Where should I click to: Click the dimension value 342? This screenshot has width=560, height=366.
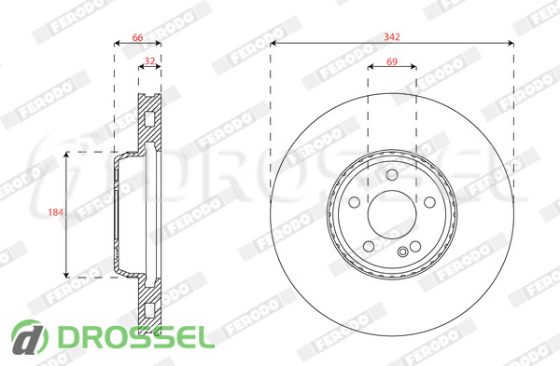point(392,36)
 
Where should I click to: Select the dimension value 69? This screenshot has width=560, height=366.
point(392,61)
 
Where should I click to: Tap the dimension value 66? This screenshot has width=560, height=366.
point(137,37)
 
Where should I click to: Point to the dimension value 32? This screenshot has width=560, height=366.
point(149,61)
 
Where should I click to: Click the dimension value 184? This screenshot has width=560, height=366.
point(56,212)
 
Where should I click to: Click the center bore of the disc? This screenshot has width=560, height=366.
point(392,214)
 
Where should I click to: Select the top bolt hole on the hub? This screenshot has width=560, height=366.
point(392,175)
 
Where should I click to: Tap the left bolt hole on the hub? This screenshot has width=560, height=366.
point(354,202)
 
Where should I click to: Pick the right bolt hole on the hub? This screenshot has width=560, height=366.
point(429,202)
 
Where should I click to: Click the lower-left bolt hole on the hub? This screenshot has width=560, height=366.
point(369,246)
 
